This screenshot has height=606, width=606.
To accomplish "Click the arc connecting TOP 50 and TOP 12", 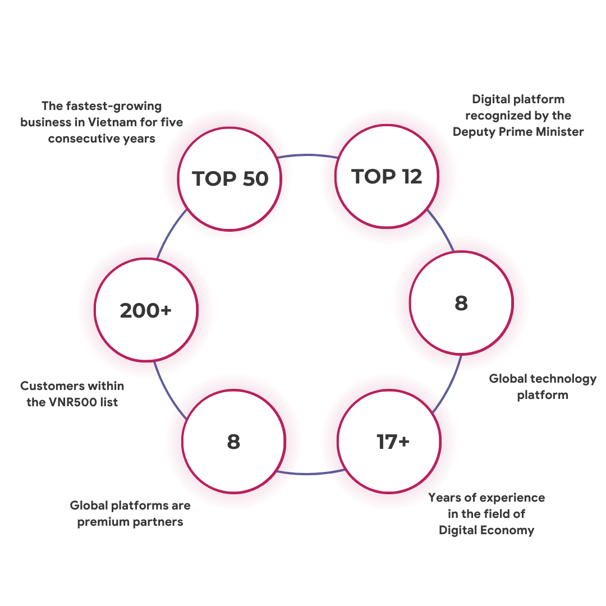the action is click(x=308, y=155).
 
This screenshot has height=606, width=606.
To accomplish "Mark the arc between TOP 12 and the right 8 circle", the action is click(x=442, y=230).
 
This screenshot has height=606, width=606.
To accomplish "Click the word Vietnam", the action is click(x=112, y=122).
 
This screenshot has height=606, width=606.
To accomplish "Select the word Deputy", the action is click(x=474, y=132).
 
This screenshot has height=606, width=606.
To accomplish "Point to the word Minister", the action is click(x=560, y=132).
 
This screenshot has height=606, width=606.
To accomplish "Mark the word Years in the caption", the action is click(x=445, y=497).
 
